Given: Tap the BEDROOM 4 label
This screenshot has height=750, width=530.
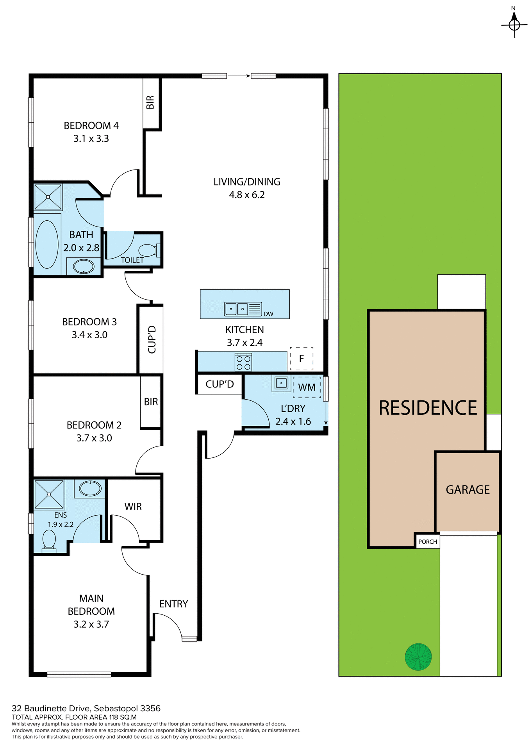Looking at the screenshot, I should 91,126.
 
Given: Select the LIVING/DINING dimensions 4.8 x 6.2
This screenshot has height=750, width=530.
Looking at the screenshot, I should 246,195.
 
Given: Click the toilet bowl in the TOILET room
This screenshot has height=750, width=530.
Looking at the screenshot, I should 148,250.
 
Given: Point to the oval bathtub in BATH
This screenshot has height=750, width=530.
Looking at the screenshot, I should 47,245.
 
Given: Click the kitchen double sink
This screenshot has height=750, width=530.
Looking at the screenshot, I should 237,309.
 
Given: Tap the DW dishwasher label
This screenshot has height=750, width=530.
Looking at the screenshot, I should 268,314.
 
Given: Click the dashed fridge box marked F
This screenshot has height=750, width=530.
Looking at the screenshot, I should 302,359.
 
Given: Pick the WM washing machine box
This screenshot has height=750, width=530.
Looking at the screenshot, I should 307,387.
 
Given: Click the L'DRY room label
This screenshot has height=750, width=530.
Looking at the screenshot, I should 293,409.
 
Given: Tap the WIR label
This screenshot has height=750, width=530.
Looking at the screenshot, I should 133,507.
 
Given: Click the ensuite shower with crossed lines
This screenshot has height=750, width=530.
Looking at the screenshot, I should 49,495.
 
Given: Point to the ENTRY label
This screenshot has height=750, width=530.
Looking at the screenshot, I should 173,604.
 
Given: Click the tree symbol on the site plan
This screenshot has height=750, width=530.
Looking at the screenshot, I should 418,657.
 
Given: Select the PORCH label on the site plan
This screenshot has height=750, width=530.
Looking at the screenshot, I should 428,542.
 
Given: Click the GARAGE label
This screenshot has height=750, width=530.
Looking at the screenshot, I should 468,490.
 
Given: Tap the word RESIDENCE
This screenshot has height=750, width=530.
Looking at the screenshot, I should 428,408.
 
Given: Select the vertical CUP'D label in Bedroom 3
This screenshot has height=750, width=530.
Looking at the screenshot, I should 152,339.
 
